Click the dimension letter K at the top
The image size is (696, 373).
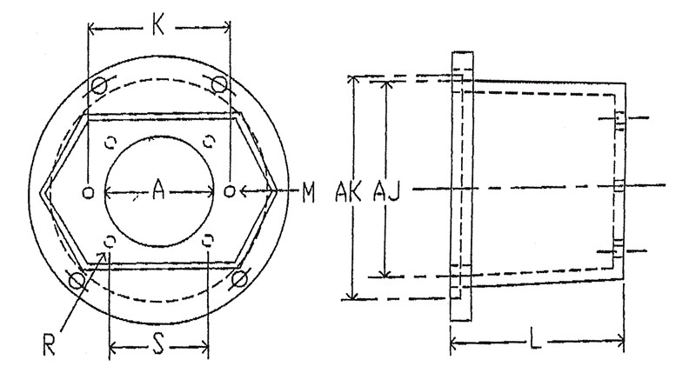click(x=158, y=26)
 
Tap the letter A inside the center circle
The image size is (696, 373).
click(x=158, y=190)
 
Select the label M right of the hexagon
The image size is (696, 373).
click(x=309, y=193)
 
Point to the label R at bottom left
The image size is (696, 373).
click(x=49, y=344)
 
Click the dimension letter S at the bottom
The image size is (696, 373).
click(x=158, y=343)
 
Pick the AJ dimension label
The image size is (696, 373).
click(x=386, y=191)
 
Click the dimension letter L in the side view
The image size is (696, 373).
click(x=536, y=341)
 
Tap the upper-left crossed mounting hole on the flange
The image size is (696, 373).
click(x=99, y=84)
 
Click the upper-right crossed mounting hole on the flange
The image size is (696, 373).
click(x=219, y=84)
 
